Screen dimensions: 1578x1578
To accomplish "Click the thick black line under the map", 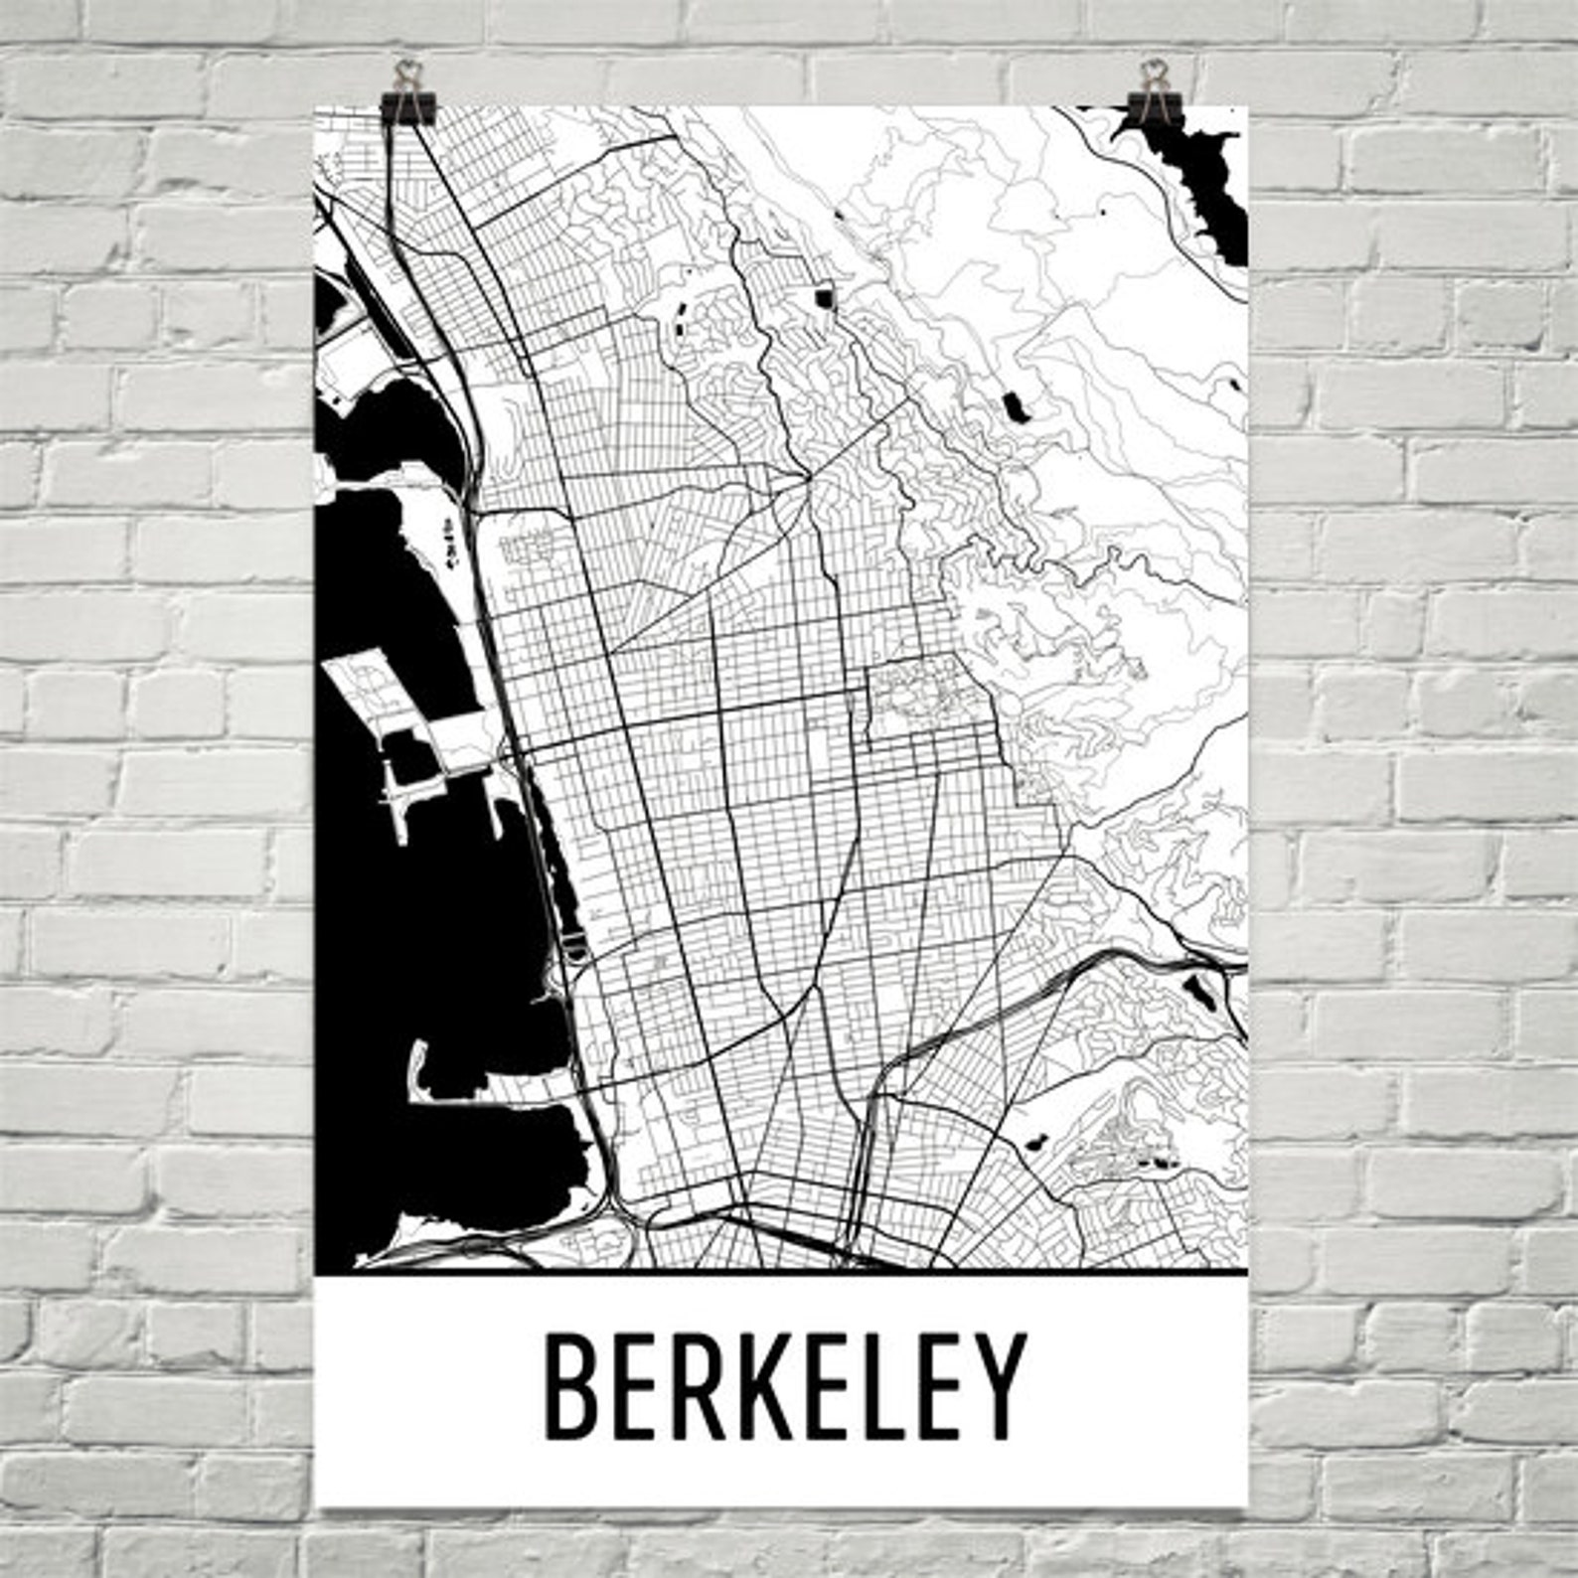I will [780, 1270].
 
